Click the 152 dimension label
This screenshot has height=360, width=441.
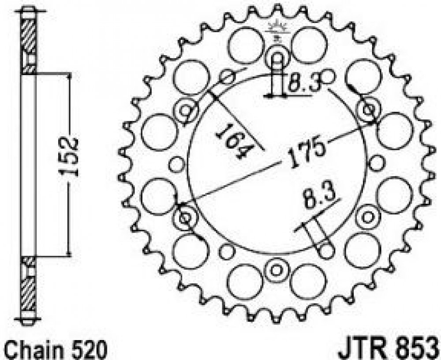pyautogui.click(x=68, y=157)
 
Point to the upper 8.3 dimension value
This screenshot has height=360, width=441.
pyautogui.click(x=305, y=82)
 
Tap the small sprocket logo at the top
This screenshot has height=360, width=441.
pyautogui.click(x=277, y=31)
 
